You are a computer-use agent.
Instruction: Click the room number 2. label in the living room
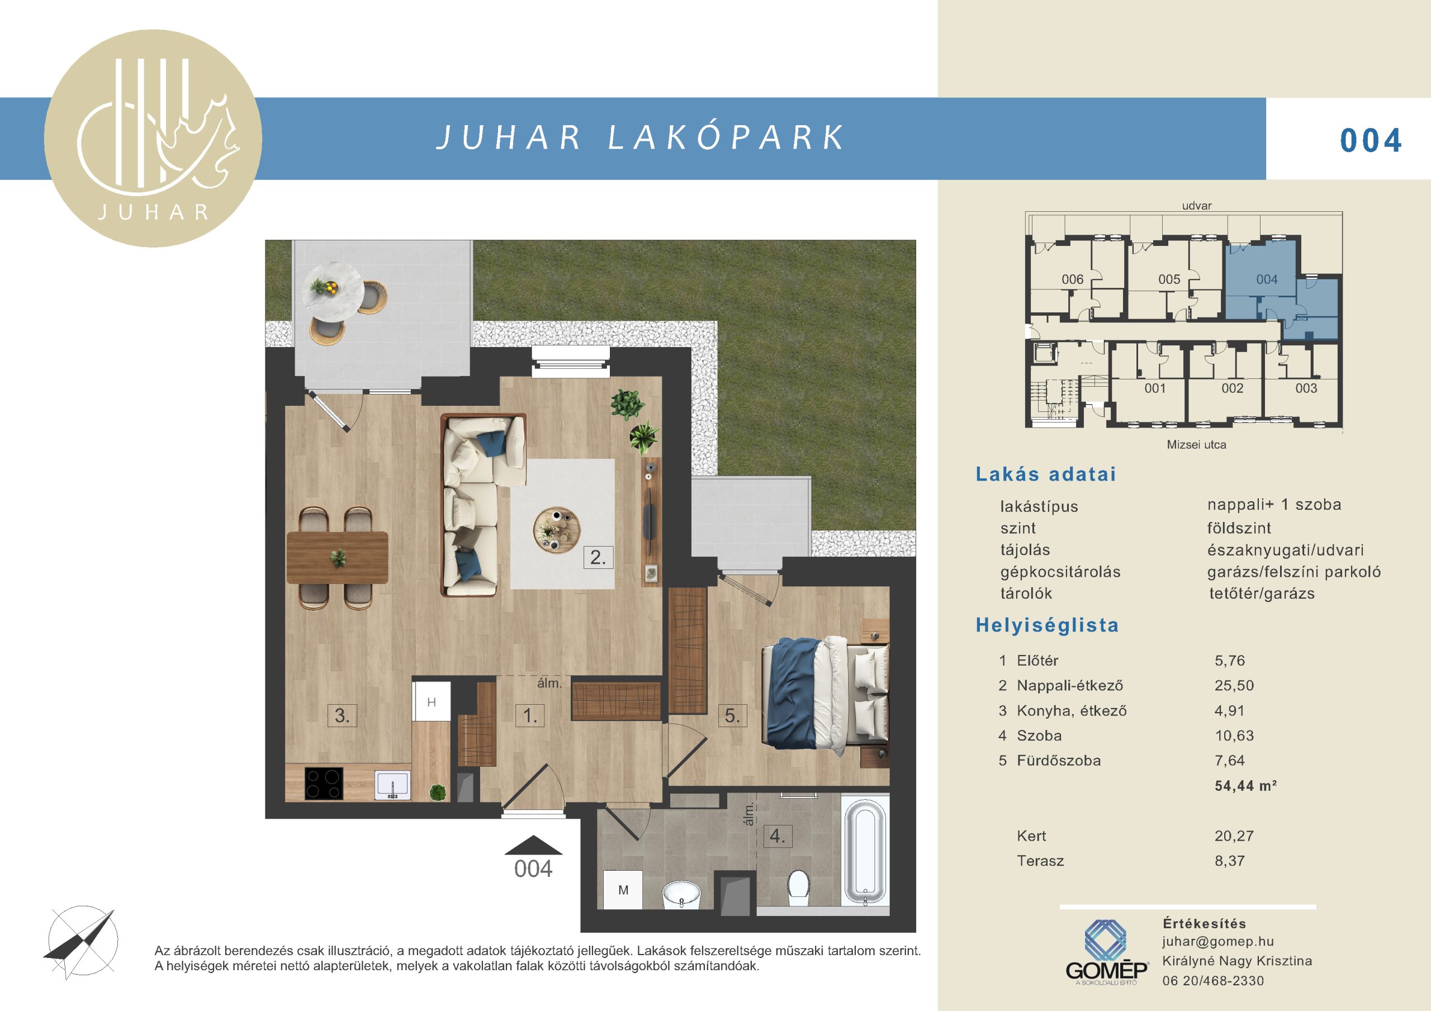point(598,557)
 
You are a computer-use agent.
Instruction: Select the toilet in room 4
point(798,886)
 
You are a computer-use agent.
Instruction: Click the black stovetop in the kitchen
point(324,783)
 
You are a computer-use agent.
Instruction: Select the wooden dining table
point(337,557)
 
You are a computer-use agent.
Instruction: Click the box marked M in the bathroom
point(623,890)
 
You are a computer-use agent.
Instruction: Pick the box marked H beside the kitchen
point(432,703)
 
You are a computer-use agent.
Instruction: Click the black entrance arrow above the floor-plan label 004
point(533,844)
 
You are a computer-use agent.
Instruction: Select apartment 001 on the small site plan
point(1155,388)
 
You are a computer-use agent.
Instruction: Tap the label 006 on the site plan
point(1073,279)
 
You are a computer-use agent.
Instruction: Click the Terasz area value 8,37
point(1230,861)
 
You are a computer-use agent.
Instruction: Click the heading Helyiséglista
point(1047,625)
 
